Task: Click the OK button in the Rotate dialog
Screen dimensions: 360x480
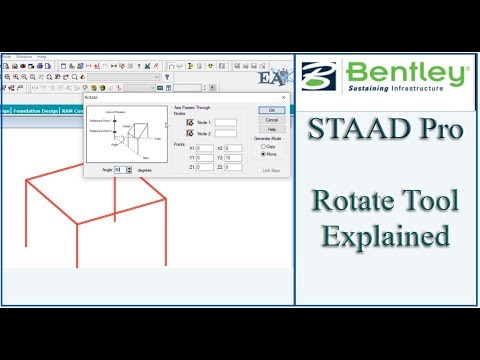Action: tap(266, 110)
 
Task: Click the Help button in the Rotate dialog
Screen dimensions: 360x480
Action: tap(266, 128)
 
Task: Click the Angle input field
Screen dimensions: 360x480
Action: tap(122, 170)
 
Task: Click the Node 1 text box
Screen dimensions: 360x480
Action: tap(226, 122)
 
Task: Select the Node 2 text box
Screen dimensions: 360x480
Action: tap(226, 133)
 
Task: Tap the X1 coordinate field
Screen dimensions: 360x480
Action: tap(204, 149)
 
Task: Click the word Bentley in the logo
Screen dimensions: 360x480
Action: tap(406, 73)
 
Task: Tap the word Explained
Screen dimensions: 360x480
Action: tap(387, 238)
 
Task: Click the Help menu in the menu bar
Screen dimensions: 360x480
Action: tap(41, 56)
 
